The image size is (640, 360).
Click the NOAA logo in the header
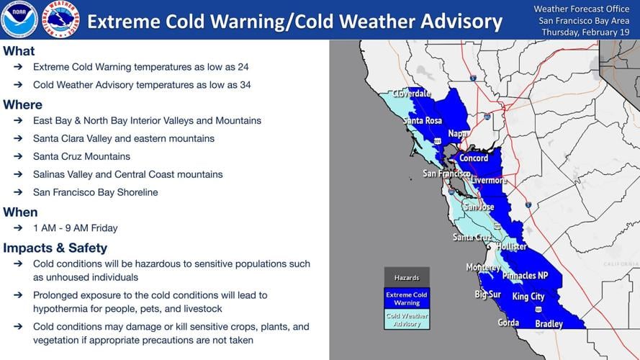click(19, 19)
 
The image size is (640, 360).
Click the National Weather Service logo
click(60, 19)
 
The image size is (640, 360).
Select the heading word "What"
click(19, 51)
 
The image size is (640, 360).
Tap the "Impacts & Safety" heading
click(55, 248)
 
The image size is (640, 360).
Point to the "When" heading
click(20, 212)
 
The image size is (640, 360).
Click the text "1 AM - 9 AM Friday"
click(75, 228)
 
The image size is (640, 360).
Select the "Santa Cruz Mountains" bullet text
click(81, 156)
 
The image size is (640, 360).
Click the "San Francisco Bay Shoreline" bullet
click(95, 192)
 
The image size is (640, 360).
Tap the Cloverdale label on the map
click(411, 94)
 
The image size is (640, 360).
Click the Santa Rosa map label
click(423, 120)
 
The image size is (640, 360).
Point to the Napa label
click(458, 134)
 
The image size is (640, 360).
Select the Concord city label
click(474, 158)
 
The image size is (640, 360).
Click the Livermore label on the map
click(489, 180)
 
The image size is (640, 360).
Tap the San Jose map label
click(478, 207)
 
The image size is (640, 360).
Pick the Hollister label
click(510, 246)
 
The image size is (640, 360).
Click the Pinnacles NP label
click(524, 276)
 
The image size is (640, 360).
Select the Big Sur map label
click(487, 294)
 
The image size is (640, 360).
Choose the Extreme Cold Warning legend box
click(406, 298)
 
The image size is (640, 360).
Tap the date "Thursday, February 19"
click(585, 32)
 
